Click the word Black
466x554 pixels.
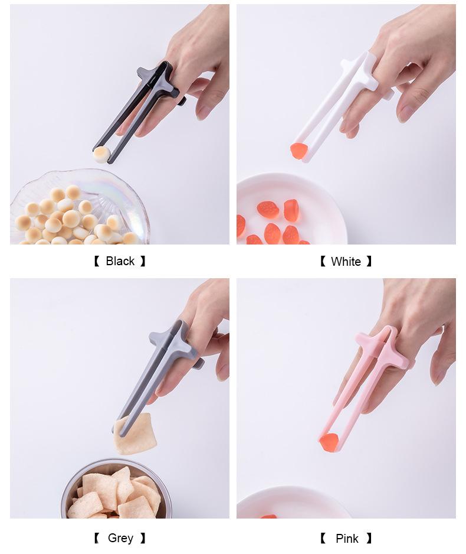click(x=120, y=261)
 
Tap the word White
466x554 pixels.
click(x=346, y=262)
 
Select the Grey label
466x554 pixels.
click(x=120, y=538)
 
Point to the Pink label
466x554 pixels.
click(x=347, y=539)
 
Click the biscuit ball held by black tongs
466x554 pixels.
click(x=101, y=154)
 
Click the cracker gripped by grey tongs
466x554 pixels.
click(x=135, y=434)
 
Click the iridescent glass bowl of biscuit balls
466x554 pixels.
click(x=80, y=208)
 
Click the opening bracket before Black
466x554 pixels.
click(x=97, y=262)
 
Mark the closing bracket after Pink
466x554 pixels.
click(x=369, y=539)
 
